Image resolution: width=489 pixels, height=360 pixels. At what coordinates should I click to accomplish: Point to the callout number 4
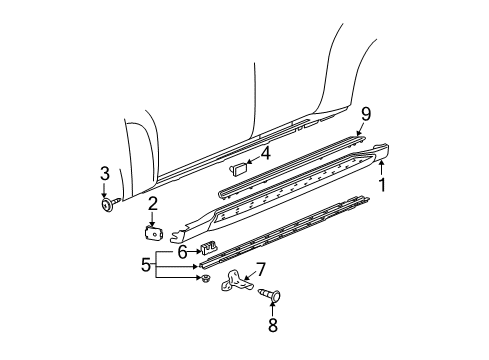point(265,153)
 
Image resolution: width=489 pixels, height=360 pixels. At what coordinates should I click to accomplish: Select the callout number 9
point(366,112)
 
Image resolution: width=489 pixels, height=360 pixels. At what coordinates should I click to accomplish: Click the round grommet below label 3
point(106,207)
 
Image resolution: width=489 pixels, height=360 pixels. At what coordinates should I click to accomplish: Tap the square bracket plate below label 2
point(153,232)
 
